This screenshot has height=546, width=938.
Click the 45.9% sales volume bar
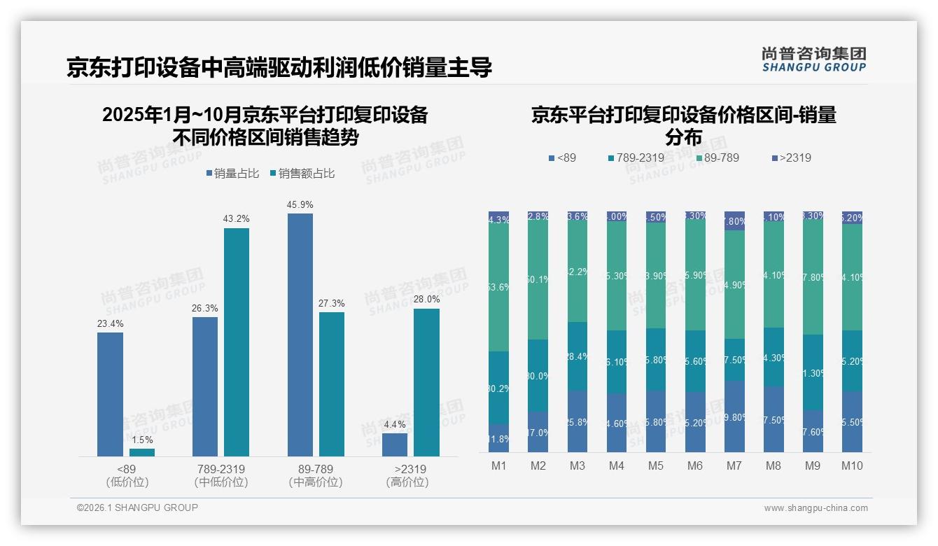click(x=300, y=335)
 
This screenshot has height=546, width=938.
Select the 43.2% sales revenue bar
click(x=237, y=342)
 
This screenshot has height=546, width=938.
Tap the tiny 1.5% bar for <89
click(x=142, y=452)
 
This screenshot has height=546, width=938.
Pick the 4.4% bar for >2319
click(x=395, y=444)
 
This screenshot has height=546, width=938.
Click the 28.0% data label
click(x=426, y=299)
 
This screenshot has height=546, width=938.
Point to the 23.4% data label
click(x=110, y=323)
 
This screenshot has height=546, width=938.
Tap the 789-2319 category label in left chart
click(x=221, y=469)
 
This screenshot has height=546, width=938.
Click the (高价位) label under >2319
click(x=407, y=482)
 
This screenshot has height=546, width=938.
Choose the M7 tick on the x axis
click(x=734, y=465)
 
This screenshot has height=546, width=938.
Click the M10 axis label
click(x=852, y=465)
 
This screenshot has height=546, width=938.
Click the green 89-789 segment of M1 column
click(x=499, y=288)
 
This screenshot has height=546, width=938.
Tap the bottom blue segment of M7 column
click(x=734, y=416)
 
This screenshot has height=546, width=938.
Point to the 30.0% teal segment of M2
click(x=538, y=376)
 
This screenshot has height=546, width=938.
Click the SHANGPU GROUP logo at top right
click(x=813, y=59)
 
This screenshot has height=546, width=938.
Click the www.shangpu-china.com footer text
click(x=815, y=508)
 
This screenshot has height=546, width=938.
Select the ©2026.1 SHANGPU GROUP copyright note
click(x=137, y=507)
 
